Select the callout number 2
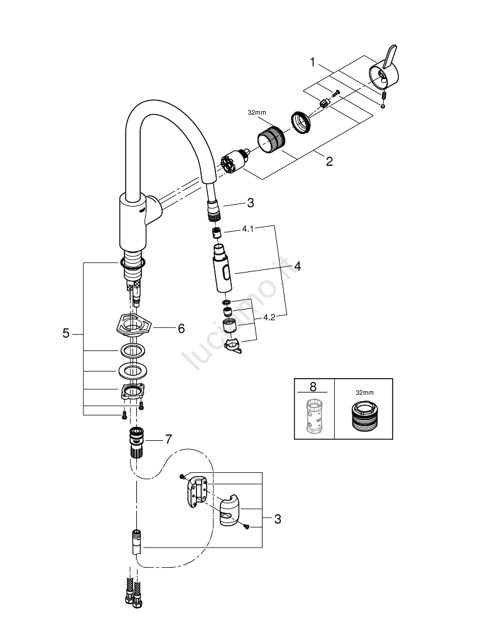[x=329, y=161]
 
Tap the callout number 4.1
[x=247, y=230]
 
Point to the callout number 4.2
[x=269, y=318]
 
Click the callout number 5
[x=66, y=334]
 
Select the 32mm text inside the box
[x=363, y=392]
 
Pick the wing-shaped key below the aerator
[x=232, y=346]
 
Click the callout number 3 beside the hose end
[x=250, y=202]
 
